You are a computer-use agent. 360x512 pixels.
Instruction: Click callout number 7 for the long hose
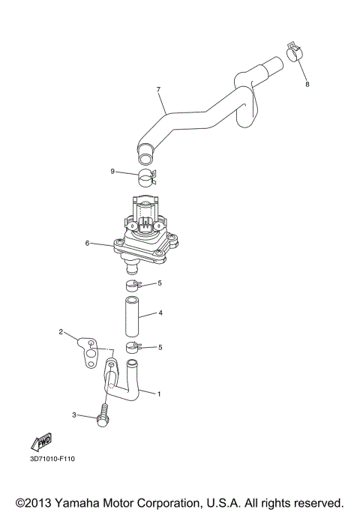point(158,90)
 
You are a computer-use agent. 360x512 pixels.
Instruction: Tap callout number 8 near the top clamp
point(306,85)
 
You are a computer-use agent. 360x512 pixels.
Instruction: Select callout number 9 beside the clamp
point(112,172)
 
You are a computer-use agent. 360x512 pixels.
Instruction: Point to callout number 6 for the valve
point(88,244)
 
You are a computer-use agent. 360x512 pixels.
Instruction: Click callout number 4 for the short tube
point(159,313)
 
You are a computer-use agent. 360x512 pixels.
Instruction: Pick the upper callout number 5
point(159,283)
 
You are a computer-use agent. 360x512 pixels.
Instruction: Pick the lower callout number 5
point(159,347)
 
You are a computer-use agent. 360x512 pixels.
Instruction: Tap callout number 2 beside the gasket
point(61,331)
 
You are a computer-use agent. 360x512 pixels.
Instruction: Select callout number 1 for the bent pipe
point(158,394)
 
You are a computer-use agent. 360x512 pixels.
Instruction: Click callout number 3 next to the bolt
point(74,415)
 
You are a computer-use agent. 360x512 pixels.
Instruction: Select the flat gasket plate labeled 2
point(89,352)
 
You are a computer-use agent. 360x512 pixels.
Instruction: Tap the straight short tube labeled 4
point(132,316)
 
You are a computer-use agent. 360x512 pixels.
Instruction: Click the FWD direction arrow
point(44,440)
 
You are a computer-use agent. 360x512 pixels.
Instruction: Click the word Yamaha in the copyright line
point(87,502)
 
